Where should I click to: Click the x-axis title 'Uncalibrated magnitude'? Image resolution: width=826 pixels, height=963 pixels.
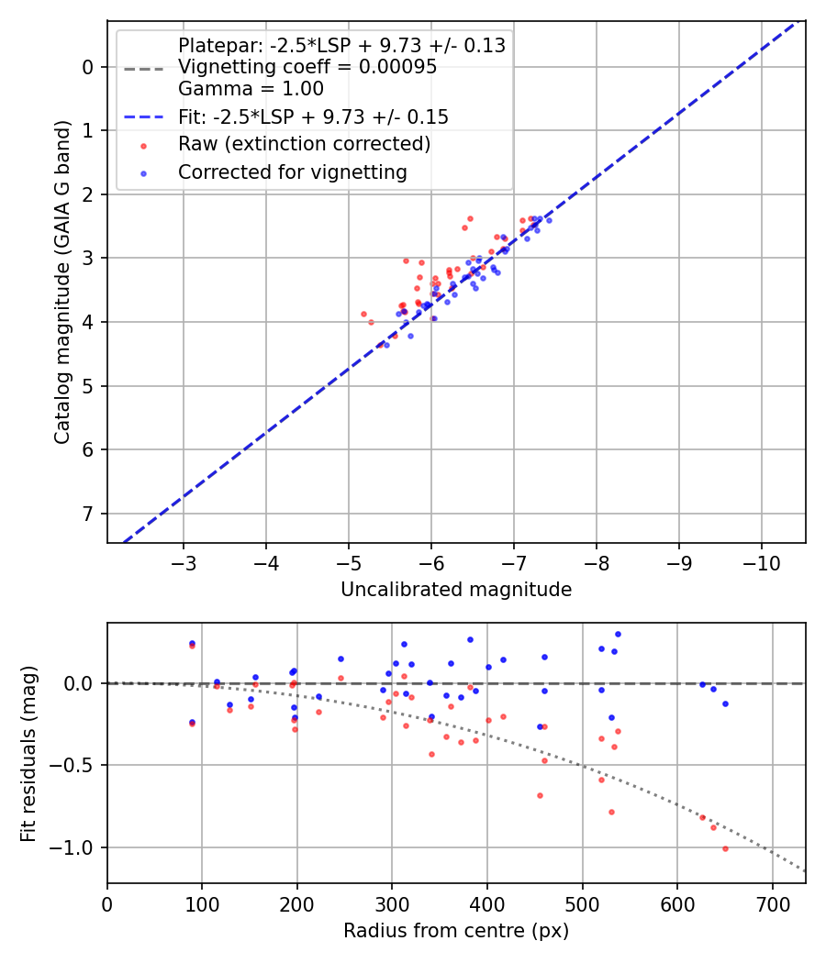(x=456, y=590)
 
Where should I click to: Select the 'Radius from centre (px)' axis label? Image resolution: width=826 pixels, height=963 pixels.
(x=456, y=931)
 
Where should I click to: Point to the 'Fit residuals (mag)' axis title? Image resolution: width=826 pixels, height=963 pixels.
(x=29, y=753)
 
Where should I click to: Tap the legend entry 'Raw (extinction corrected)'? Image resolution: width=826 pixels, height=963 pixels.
(x=304, y=144)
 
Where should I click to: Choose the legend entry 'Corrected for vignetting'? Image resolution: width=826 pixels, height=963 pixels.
(x=292, y=172)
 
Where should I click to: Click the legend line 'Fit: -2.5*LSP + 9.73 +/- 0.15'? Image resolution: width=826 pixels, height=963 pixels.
(x=313, y=116)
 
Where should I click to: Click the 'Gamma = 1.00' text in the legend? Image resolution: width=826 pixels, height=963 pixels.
(x=251, y=89)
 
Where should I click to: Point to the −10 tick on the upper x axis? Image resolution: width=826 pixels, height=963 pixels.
(x=761, y=560)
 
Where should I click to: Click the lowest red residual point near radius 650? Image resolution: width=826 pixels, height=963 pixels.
(x=725, y=848)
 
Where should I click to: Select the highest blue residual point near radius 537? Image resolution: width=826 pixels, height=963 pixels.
(x=618, y=634)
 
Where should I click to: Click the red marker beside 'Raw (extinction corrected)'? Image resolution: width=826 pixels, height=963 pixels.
(x=144, y=144)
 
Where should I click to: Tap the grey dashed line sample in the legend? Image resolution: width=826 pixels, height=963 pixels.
(x=144, y=68)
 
